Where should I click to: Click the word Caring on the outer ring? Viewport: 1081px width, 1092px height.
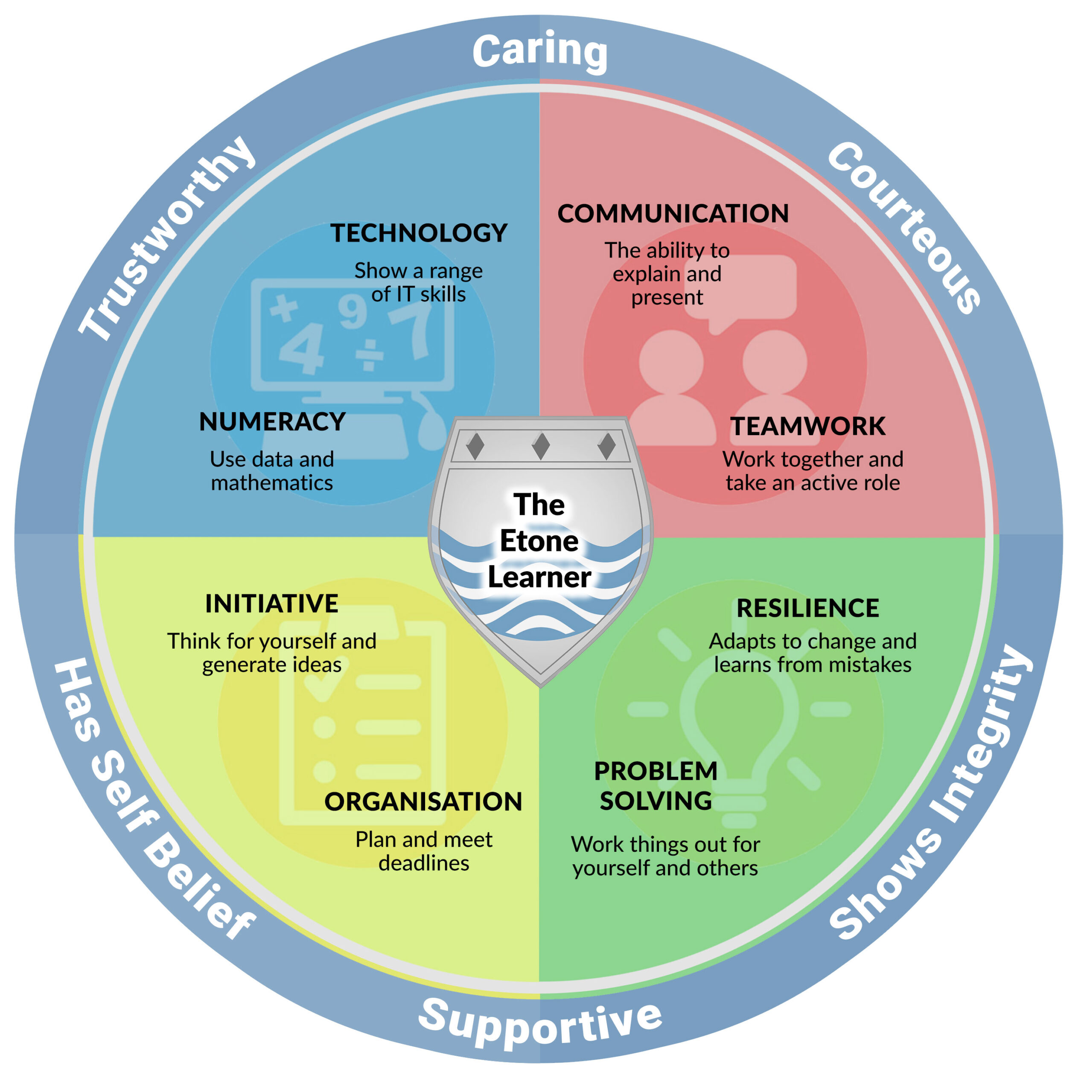(x=540, y=52)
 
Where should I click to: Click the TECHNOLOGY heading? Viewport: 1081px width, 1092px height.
(x=419, y=233)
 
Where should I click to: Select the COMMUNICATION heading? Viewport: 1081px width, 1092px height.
(x=673, y=214)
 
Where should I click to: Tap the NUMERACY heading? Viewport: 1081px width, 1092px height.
(x=272, y=421)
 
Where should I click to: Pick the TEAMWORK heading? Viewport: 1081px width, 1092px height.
(x=808, y=426)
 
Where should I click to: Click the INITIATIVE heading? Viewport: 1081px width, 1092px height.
(x=271, y=604)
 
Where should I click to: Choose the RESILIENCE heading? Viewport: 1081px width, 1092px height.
(x=808, y=608)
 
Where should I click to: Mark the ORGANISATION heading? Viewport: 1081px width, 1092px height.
(x=423, y=802)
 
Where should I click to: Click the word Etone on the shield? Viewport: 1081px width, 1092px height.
(x=539, y=541)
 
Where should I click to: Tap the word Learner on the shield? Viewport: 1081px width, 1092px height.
(x=539, y=577)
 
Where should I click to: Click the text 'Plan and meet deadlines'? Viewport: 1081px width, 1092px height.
(x=424, y=851)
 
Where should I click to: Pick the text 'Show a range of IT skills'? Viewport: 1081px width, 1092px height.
(x=418, y=282)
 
